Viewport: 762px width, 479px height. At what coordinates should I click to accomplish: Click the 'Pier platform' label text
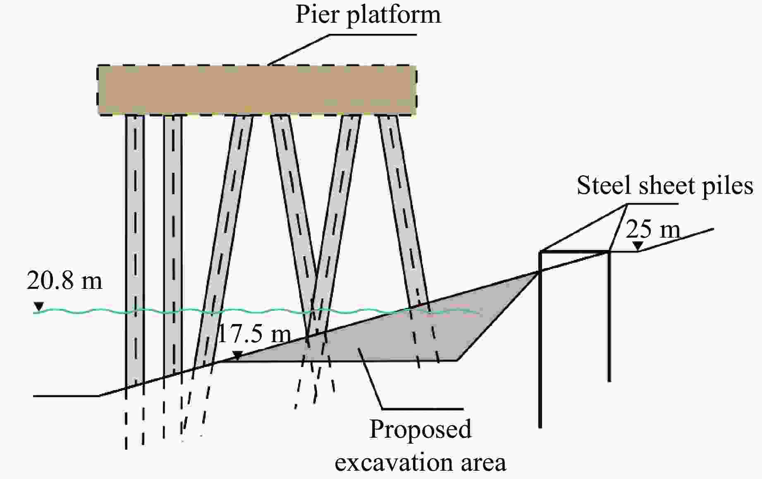click(368, 15)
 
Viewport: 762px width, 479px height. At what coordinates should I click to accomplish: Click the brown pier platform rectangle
click(257, 90)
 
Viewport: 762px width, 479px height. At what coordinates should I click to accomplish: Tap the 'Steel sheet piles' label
click(664, 185)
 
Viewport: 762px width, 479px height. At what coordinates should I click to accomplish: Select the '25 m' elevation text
click(653, 229)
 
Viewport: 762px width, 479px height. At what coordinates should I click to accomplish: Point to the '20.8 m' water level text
click(64, 281)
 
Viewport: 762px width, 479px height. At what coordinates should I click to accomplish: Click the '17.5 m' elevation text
click(253, 334)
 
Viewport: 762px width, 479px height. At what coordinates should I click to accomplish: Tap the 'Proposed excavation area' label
click(420, 446)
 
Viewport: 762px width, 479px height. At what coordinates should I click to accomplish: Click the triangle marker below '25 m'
click(638, 246)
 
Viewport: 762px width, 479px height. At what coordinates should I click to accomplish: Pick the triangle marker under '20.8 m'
click(39, 306)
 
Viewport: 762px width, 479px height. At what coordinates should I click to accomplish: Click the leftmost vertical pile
click(134, 248)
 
